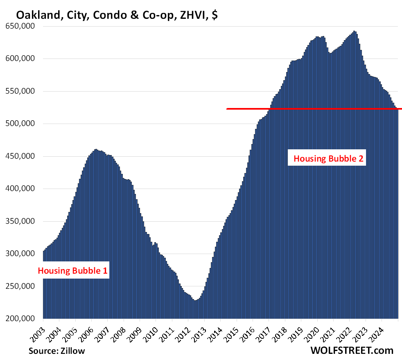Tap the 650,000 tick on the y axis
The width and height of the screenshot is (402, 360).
click(x=23, y=26)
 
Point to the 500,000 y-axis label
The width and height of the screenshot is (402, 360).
click(x=23, y=124)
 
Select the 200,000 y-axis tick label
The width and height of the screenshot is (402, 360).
click(x=23, y=319)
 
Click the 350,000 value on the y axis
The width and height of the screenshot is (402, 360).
click(x=23, y=221)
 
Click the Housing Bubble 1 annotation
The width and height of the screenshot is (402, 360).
click(x=73, y=270)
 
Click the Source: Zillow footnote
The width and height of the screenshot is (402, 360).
click(x=57, y=351)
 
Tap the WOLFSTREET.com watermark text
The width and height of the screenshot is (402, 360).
click(x=352, y=350)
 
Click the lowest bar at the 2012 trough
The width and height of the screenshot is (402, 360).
click(x=195, y=310)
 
